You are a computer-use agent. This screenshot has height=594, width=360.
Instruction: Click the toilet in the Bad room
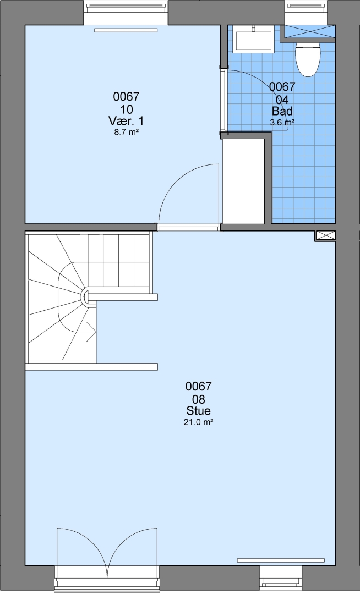click(308, 59)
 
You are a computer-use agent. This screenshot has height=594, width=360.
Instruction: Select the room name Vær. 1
click(126, 121)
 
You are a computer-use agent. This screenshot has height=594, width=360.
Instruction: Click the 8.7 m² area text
click(126, 132)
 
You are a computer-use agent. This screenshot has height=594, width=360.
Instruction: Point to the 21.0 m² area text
click(198, 422)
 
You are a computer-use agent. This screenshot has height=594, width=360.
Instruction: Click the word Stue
click(198, 411)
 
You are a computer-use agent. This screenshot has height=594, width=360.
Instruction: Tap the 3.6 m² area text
click(282, 122)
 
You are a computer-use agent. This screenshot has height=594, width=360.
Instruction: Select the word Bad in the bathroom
click(282, 111)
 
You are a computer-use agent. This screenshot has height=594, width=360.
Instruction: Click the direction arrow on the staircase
click(91, 332)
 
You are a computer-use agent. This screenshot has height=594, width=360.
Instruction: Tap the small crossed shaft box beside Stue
click(325, 235)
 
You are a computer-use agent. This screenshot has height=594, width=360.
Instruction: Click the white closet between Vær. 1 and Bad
click(243, 182)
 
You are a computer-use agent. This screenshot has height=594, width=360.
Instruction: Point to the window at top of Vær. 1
click(126, 12)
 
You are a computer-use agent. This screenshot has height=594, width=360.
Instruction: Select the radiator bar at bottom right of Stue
click(281, 560)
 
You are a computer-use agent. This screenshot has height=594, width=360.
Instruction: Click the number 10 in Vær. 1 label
click(127, 109)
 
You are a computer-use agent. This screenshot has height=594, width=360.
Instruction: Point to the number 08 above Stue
click(198, 399)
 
